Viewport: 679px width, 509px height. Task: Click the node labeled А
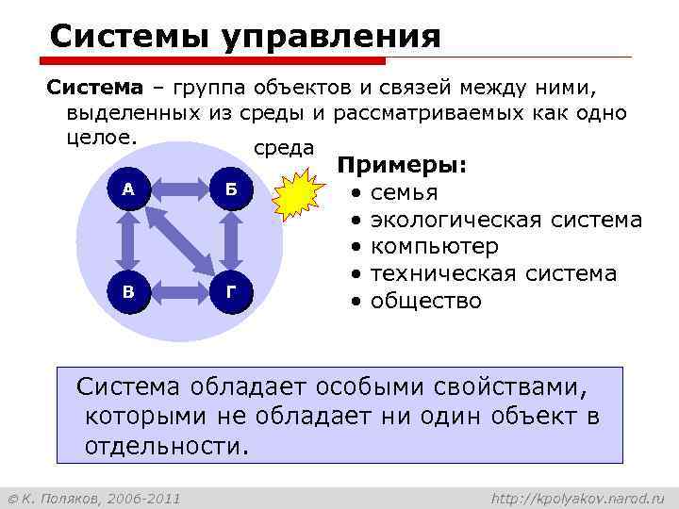point(128,189)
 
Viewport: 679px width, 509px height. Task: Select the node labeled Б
point(230,189)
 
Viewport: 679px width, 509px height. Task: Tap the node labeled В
point(128,292)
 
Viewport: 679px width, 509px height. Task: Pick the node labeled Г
point(230,292)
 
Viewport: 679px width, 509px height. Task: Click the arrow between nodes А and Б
point(179,189)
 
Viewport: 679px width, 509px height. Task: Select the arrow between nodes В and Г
point(179,292)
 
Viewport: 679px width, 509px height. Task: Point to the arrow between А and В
point(128,240)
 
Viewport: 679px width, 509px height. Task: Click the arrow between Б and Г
point(230,240)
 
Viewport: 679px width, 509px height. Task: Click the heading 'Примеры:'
point(403,166)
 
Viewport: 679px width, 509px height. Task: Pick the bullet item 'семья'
point(404,193)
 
